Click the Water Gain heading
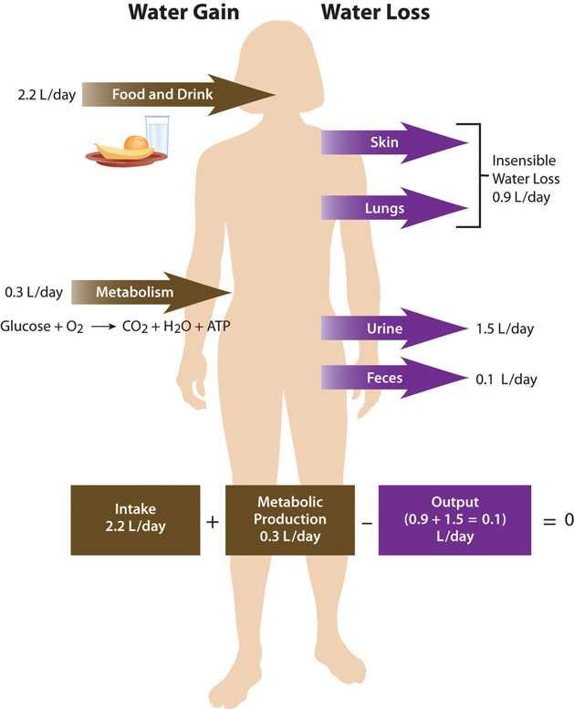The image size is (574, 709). (183, 12)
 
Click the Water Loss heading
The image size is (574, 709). (375, 12)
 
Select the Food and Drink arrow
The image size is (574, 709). (179, 95)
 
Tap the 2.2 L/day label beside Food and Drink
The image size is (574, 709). (47, 95)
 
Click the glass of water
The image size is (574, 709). (157, 135)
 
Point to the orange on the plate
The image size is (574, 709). (136, 143)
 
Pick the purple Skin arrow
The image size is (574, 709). (394, 142)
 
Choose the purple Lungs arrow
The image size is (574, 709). (394, 208)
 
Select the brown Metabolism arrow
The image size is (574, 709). (151, 292)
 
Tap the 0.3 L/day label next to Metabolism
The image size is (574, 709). (34, 292)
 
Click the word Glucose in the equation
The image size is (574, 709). (26, 326)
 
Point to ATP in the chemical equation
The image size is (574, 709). (218, 326)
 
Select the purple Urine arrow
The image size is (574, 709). (394, 328)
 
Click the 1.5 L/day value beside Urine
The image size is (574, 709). (505, 328)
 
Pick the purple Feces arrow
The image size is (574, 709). (394, 378)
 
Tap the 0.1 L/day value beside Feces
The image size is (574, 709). (506, 379)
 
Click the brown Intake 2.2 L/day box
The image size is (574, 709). (135, 520)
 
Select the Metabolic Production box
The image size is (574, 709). (290, 520)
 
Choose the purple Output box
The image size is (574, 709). (454, 520)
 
